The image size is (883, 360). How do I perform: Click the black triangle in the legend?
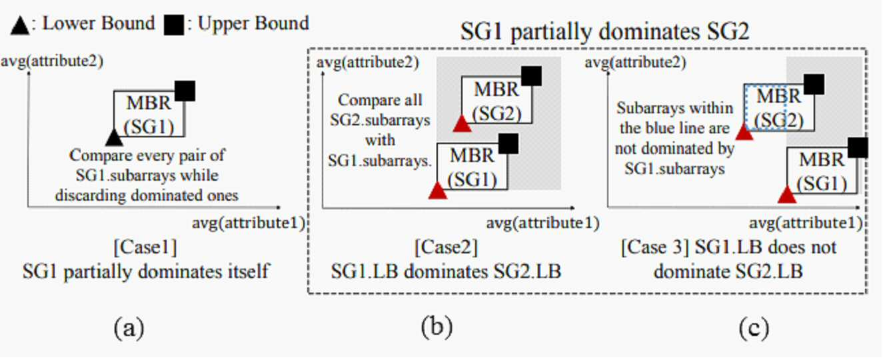click(20, 26)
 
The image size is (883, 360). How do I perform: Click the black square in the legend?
click(174, 25)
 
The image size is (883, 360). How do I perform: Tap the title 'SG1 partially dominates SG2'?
click(604, 31)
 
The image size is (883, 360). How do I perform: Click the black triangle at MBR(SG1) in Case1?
click(115, 138)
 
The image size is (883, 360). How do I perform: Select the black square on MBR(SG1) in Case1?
click(185, 91)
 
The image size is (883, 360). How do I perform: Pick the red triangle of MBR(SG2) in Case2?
click(462, 124)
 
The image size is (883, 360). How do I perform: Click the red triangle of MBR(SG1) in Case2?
click(438, 191)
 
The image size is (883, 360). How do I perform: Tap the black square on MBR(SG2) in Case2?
click(531, 76)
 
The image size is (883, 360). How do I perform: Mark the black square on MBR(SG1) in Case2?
click(508, 143)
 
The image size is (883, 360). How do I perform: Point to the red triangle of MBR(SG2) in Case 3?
click(744, 132)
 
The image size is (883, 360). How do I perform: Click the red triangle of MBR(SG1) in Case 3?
click(787, 195)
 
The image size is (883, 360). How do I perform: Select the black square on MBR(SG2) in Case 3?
click(814, 85)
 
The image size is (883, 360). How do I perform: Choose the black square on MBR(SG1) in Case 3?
click(858, 148)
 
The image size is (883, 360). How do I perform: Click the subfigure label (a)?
click(129, 328)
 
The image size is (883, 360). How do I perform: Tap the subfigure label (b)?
click(437, 327)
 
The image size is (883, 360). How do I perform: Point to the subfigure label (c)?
click(754, 328)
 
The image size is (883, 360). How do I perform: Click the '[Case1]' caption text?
click(145, 247)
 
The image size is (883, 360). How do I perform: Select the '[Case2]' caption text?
click(446, 247)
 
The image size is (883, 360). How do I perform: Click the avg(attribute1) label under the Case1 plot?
click(249, 223)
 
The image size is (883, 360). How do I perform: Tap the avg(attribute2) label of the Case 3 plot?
click(636, 62)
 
